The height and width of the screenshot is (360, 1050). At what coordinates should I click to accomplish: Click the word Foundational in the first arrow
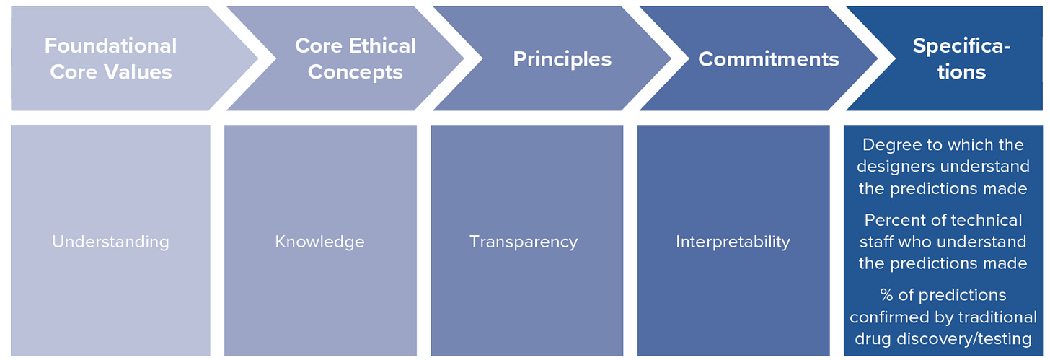coord(110,45)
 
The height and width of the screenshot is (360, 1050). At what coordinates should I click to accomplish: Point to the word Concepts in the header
coord(356,72)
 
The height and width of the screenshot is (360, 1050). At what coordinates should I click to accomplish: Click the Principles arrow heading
coord(562,59)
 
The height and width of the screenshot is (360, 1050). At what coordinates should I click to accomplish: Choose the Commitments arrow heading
coord(768,59)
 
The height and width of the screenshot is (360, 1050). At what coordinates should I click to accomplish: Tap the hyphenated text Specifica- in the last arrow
coord(961,45)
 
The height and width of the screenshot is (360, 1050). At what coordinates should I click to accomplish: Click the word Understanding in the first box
coord(110,241)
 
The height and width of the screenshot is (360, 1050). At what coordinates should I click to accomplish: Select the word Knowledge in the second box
coord(319,241)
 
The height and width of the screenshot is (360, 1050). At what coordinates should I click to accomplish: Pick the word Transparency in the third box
coord(524,241)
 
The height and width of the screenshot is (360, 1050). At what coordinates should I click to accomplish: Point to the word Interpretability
coord(733,241)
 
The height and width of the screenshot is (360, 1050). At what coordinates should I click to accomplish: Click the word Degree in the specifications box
coord(888,145)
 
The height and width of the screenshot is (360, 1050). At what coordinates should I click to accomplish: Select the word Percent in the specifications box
coord(891,220)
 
